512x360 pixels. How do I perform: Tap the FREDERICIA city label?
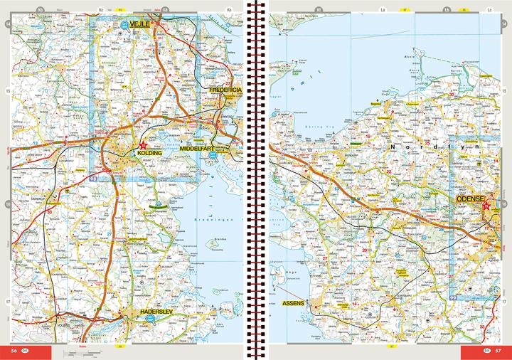click(x=226, y=91)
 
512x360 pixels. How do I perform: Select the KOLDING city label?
click(x=150, y=153)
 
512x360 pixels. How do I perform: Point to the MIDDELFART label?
click(x=202, y=148)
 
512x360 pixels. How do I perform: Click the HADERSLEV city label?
click(x=149, y=311)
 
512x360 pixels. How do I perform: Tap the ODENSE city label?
click(x=470, y=198)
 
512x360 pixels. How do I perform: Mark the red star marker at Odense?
click(x=487, y=206)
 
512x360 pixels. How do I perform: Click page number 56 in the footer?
click(x=14, y=350)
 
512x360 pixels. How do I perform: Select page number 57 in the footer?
click(x=498, y=350)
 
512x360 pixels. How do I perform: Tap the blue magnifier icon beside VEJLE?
click(x=126, y=24)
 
